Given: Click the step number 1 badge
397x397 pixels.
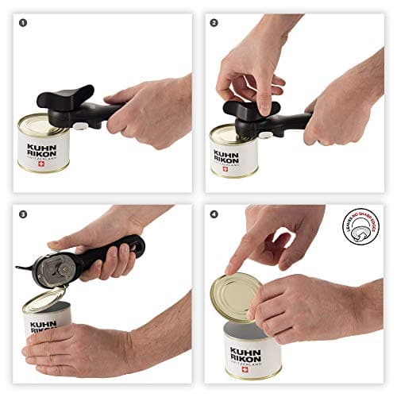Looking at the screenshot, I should (23, 22).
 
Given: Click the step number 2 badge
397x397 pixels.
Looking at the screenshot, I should (214, 22).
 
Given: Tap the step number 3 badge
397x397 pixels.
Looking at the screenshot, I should (23, 214).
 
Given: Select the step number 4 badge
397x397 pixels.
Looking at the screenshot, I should (214, 214).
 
